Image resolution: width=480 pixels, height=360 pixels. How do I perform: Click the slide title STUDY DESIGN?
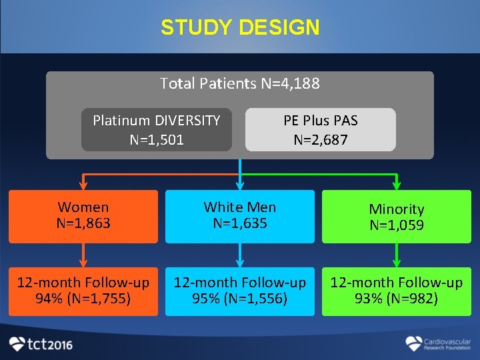click(x=240, y=28)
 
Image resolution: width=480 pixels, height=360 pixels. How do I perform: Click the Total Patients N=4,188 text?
click(x=240, y=83)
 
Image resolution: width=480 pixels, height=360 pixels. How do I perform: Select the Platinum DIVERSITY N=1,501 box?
click(x=157, y=130)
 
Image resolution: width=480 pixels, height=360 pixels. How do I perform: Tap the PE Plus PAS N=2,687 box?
click(x=321, y=130)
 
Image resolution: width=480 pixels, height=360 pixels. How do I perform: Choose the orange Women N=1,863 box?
click(x=83, y=216)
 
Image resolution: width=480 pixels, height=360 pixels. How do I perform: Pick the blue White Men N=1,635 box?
click(x=240, y=216)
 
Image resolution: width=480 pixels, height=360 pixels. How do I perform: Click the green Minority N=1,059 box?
click(x=397, y=217)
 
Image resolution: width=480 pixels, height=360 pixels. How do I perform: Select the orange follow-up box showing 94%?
click(x=83, y=291)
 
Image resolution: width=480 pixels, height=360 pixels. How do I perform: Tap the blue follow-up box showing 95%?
click(x=240, y=291)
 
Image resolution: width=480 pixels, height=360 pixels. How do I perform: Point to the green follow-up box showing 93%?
click(x=397, y=291)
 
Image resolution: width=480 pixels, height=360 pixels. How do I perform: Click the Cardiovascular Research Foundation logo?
click(x=438, y=344)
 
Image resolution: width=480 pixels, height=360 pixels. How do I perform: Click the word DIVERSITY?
click(x=187, y=121)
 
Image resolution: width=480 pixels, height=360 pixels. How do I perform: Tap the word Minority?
click(x=397, y=209)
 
